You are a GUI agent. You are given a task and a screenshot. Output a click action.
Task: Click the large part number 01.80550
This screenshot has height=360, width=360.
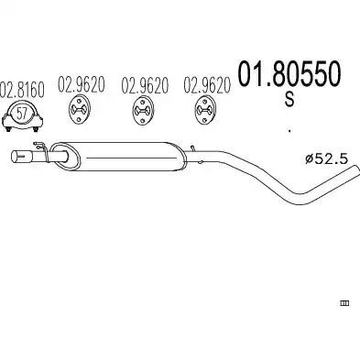289,73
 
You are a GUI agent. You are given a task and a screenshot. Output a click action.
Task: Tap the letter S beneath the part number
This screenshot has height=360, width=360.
289,99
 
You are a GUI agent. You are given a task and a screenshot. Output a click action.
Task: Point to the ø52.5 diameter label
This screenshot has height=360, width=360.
326,158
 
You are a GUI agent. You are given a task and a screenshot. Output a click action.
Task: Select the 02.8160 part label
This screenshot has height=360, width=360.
22,90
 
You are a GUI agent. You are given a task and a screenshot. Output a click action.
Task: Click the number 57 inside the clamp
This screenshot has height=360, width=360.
21,114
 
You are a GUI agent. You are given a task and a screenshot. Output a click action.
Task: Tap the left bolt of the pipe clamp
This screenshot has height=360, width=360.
8,129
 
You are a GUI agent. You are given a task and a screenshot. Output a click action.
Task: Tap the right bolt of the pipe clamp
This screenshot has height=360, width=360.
36,129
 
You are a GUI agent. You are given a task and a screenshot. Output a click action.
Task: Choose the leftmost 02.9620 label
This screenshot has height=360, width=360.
82,84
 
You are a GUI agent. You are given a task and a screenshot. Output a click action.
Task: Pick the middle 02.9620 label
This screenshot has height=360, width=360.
145,85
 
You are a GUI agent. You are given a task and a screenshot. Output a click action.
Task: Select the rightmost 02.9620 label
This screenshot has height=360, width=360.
207,85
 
